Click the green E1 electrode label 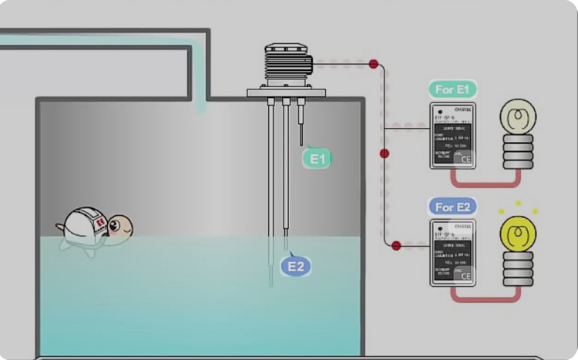click(318, 159)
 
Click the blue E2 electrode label click(296, 266)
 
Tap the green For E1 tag click(453, 89)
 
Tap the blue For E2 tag click(453, 207)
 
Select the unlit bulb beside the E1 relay click(517, 118)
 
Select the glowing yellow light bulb click(517, 234)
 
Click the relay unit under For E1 click(452, 136)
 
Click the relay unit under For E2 click(452, 253)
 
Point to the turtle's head click(119, 226)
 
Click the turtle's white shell click(84, 224)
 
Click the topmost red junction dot click(374, 64)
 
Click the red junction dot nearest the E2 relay click(396, 246)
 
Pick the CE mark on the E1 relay click(465, 160)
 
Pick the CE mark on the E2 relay click(465, 276)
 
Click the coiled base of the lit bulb click(517, 269)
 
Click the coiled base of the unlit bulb click(517, 152)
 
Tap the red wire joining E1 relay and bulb click(486, 183)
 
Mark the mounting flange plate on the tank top click(286, 93)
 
